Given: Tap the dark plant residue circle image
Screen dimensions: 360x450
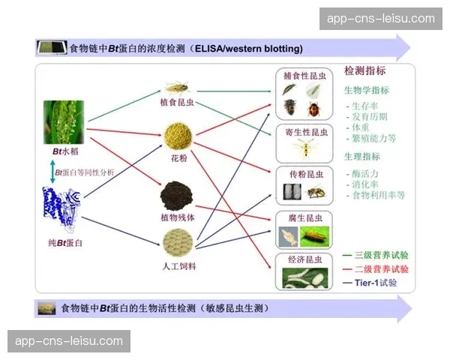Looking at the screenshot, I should [x=178, y=195].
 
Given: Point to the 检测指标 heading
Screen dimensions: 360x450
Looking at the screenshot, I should [x=365, y=71].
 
